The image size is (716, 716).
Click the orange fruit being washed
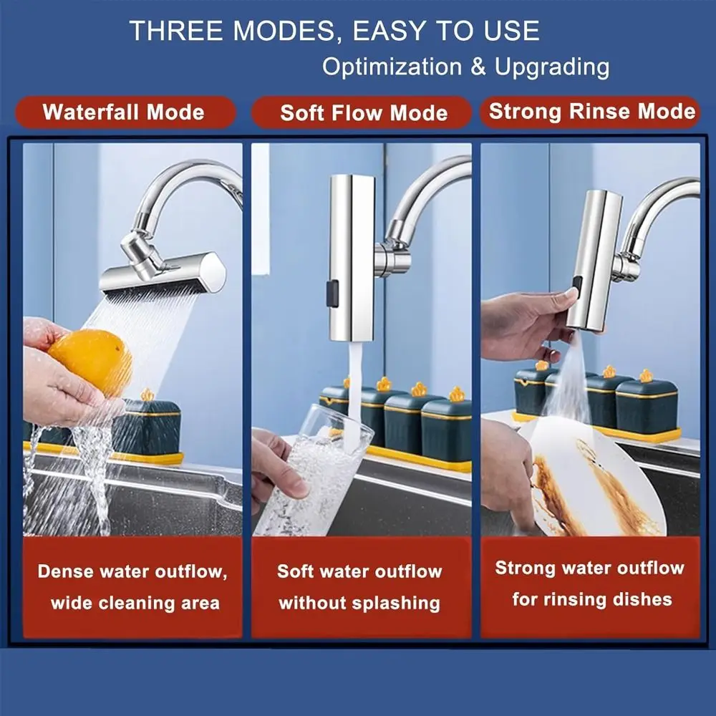tap(90, 362)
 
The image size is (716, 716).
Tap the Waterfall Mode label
tap(123, 112)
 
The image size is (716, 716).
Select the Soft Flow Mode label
tap(364, 113)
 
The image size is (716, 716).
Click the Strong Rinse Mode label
tap(591, 112)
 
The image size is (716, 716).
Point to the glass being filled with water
tap(315, 480)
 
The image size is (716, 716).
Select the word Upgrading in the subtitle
tap(552, 67)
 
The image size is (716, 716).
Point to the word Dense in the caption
tap(67, 572)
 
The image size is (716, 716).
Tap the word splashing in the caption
tap(400, 603)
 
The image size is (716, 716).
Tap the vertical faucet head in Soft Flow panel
tap(352, 258)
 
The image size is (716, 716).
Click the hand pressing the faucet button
tap(523, 322)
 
